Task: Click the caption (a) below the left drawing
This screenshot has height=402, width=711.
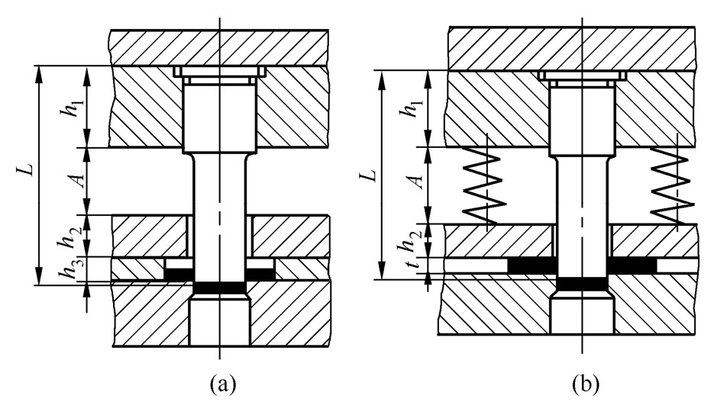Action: click(x=223, y=384)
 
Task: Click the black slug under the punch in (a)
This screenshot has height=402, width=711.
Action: click(x=219, y=288)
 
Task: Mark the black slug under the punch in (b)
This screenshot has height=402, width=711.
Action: click(x=582, y=284)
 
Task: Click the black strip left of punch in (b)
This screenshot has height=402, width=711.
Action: click(x=532, y=266)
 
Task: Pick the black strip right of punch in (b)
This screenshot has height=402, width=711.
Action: click(x=632, y=266)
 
